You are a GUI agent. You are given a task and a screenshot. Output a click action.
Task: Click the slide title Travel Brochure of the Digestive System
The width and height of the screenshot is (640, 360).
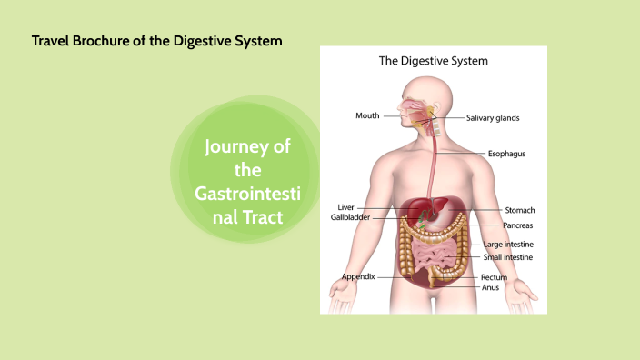click(156, 41)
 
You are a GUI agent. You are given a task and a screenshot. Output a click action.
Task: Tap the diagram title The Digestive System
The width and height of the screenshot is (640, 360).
click(433, 62)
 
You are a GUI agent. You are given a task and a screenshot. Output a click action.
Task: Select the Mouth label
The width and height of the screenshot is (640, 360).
click(367, 116)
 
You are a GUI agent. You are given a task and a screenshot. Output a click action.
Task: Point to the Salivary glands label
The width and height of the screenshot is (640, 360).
click(493, 118)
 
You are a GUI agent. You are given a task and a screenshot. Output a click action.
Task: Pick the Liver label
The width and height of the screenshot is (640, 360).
click(345, 207)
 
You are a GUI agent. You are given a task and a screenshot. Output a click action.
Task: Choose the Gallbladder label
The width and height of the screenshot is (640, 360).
click(350, 217)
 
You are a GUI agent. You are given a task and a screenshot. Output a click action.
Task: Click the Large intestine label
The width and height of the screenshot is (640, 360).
click(508, 245)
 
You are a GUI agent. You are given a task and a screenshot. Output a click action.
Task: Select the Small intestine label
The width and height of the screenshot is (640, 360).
click(508, 257)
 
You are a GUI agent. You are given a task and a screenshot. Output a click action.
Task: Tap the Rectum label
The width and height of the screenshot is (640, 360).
click(493, 276)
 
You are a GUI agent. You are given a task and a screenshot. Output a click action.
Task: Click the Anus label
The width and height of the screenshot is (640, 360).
click(489, 286)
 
